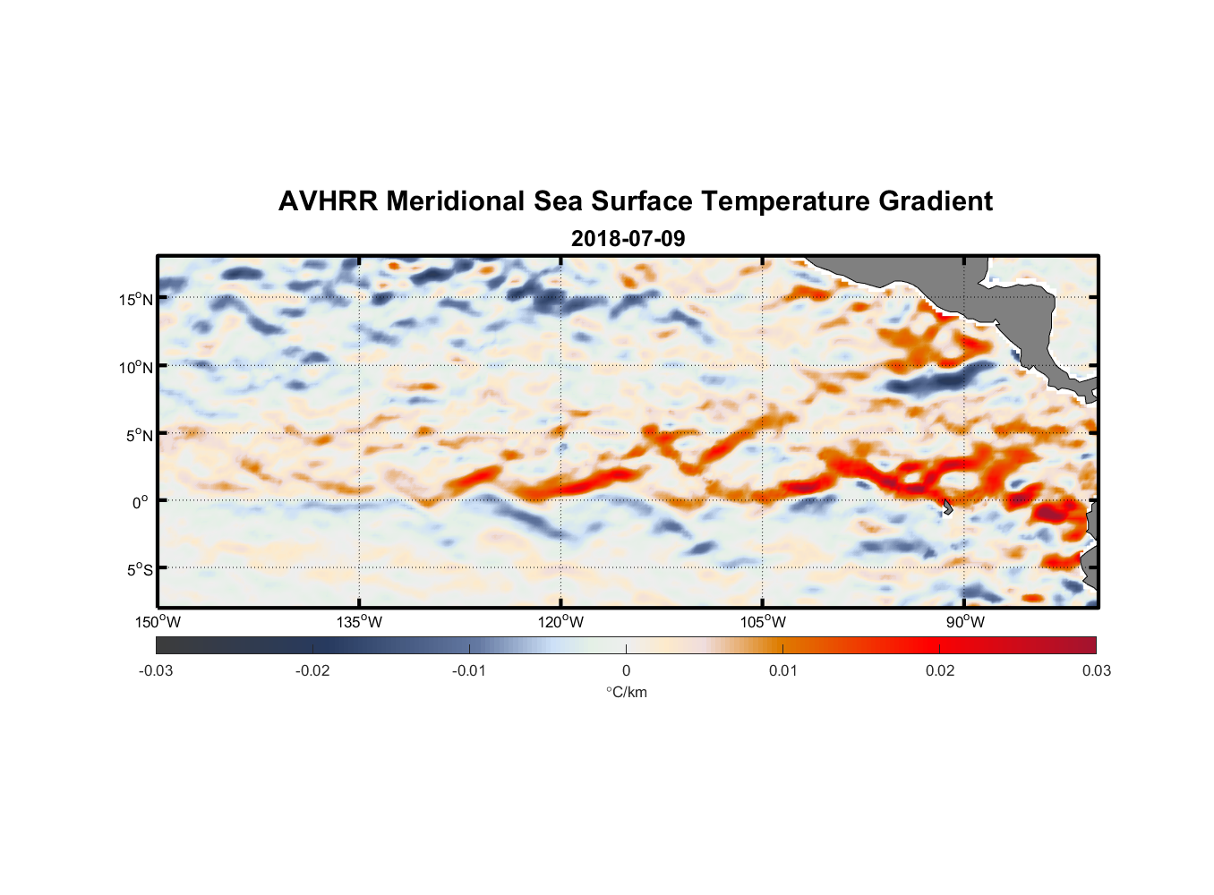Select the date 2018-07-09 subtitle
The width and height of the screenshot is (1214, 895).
click(x=628, y=239)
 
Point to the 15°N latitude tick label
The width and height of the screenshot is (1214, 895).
click(x=135, y=299)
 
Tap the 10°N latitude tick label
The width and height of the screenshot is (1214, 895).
click(x=135, y=367)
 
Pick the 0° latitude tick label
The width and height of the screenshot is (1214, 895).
click(x=141, y=502)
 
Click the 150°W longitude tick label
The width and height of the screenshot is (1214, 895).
click(x=158, y=622)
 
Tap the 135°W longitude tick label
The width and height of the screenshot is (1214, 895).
click(x=360, y=622)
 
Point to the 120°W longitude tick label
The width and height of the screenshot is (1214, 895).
click(x=561, y=622)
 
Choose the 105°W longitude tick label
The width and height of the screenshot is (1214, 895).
click(x=763, y=622)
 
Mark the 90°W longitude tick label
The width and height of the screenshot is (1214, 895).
click(x=965, y=622)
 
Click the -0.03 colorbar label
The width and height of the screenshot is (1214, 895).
click(x=156, y=670)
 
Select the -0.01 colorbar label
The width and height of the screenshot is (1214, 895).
click(x=469, y=670)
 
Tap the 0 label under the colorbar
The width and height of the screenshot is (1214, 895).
click(x=626, y=670)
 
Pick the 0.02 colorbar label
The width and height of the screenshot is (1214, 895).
click(x=940, y=670)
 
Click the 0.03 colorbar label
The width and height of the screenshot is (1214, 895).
click(x=1096, y=670)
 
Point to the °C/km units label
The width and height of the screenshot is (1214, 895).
click(x=627, y=692)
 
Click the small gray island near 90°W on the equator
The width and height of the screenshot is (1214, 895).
click(x=947, y=507)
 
